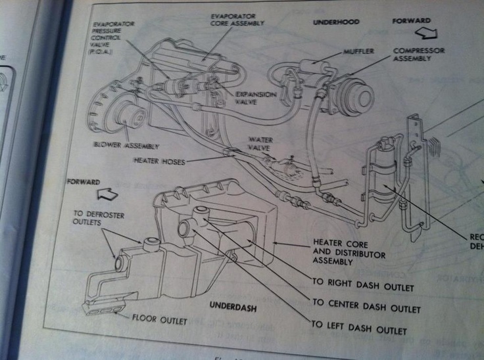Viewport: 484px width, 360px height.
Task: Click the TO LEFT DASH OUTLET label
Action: pyautogui.click(x=359, y=330)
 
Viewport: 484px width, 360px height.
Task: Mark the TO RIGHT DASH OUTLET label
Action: pyautogui.click(x=363, y=287)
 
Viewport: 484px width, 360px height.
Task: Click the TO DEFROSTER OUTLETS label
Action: pyautogui.click(x=99, y=218)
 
